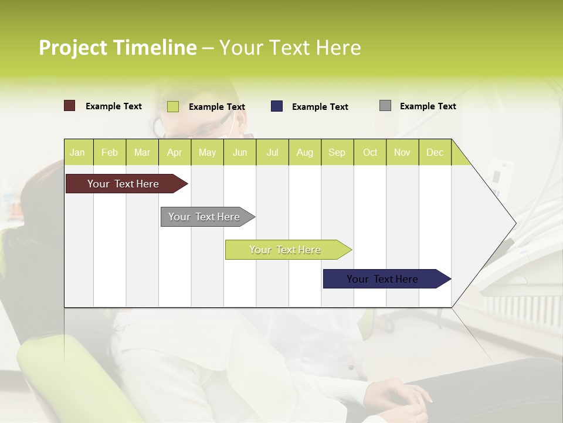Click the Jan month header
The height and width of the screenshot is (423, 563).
pyautogui.click(x=78, y=152)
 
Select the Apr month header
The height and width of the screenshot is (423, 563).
pyautogui.click(x=175, y=152)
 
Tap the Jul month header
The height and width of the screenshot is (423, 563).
pyautogui.click(x=272, y=152)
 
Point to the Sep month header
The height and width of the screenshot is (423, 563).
pyautogui.click(x=337, y=152)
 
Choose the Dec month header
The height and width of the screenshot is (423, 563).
pyautogui.click(x=435, y=152)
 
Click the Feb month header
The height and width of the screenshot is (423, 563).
pyautogui.click(x=110, y=152)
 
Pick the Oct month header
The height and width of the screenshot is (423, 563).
pyautogui.click(x=369, y=152)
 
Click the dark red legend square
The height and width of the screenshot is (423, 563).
pyautogui.click(x=69, y=106)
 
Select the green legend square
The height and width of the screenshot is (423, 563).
pyautogui.click(x=172, y=106)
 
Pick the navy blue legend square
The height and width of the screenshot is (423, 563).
pyautogui.click(x=276, y=106)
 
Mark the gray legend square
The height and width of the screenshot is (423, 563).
pyautogui.click(x=385, y=106)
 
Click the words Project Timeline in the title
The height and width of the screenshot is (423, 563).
pyautogui.click(x=117, y=48)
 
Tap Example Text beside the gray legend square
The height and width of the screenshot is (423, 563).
pyautogui.click(x=428, y=106)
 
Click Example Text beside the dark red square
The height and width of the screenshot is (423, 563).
pyautogui.click(x=113, y=106)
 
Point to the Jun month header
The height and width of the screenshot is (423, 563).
pyautogui.click(x=240, y=152)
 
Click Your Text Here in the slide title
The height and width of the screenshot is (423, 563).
pyautogui.click(x=290, y=48)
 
